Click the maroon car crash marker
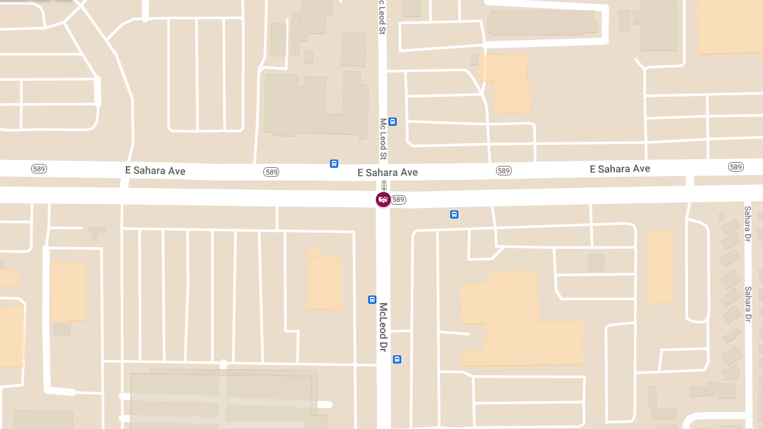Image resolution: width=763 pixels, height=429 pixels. pos(383,200)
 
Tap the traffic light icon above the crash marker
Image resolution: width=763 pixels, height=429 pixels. pos(383,185)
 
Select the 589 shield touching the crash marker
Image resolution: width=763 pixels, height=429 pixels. pos(399,200)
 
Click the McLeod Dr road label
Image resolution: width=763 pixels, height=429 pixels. pos(383,327)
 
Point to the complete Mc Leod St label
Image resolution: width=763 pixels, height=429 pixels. pos(383,139)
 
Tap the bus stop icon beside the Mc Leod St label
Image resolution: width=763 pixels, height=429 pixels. pos(393,121)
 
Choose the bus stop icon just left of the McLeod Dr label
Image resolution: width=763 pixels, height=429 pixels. pos(373,299)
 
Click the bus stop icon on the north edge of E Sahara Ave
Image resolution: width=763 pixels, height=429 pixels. pos(334,163)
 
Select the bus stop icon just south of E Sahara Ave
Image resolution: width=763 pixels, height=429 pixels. pos(454,214)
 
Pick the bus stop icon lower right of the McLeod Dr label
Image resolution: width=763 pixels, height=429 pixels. pos(397,359)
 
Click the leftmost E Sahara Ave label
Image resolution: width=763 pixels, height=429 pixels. pos(155,171)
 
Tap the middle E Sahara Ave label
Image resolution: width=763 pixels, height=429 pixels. pos(387,172)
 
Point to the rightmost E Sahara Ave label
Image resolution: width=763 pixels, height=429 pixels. pos(619,168)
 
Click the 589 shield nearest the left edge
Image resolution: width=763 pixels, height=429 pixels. pos(39,168)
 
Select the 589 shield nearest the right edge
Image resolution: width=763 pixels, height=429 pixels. pos(736,167)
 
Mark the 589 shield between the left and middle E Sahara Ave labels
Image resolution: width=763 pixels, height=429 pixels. pos(272,172)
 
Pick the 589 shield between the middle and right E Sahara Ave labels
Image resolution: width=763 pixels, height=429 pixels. pos(504,170)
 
